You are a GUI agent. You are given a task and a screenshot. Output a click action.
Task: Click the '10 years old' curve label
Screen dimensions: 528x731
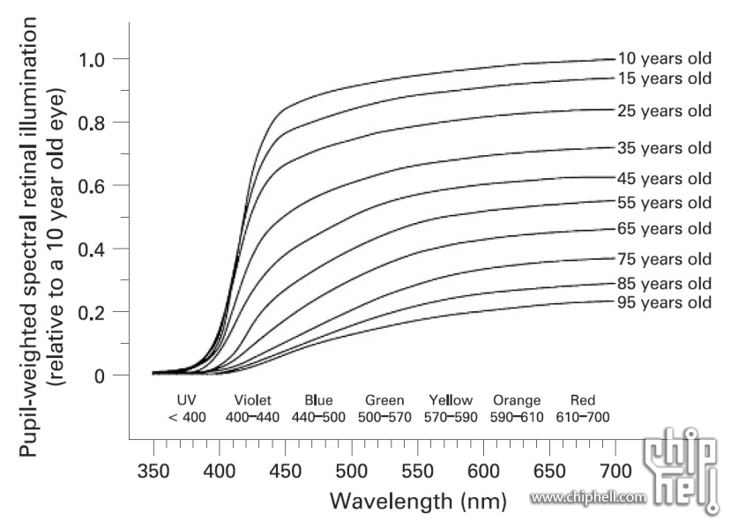coord(663,58)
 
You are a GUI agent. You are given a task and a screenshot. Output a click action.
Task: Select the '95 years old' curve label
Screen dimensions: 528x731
coord(663,302)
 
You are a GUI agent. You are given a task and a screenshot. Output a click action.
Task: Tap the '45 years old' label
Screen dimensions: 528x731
coord(663,179)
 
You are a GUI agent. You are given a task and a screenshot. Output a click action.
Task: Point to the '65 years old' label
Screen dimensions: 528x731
coord(663,229)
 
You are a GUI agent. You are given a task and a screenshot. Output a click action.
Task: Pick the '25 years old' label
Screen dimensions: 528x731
coord(663,111)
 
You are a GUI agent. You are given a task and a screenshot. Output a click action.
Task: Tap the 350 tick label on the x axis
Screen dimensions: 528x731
coord(153,470)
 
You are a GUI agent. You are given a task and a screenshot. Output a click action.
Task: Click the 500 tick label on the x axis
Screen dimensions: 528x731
coord(351,470)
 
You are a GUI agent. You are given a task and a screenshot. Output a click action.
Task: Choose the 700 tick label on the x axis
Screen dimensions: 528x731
coord(615,470)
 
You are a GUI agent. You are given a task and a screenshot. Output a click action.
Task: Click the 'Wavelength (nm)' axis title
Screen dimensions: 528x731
coord(418,502)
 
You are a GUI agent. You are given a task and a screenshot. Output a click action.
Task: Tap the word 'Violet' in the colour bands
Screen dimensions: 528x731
coord(253,400)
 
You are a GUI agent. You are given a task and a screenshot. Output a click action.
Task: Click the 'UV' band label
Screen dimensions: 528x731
coord(186,400)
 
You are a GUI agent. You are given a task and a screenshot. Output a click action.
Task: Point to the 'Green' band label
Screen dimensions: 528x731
coord(384,400)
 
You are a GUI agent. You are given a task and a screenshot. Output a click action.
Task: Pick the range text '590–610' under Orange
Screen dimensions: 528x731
coord(517,417)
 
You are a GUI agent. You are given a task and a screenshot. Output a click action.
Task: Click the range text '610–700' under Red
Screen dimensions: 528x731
coord(582,417)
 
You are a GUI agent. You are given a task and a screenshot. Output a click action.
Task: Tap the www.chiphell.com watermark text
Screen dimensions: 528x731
coord(587,498)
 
